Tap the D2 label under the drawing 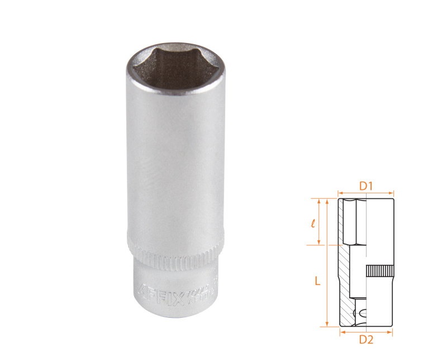(x=366, y=339)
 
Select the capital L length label (x=317, y=282)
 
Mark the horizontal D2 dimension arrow (x=366, y=332)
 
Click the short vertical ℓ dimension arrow (x=320, y=222)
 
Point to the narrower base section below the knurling (x=174, y=290)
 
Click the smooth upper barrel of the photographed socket (x=174, y=162)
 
